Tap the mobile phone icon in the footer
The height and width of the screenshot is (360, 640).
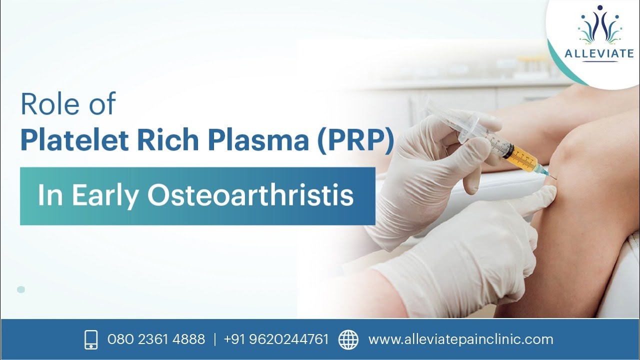pyautogui.click(x=90, y=339)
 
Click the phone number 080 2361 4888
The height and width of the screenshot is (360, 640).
pyautogui.click(x=156, y=339)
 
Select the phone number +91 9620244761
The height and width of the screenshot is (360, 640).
pyautogui.click(x=276, y=339)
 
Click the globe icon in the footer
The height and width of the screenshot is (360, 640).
pyautogui.click(x=348, y=339)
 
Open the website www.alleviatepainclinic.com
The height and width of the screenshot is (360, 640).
pyautogui.click(x=460, y=339)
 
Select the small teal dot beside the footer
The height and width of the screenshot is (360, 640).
pyautogui.click(x=21, y=289)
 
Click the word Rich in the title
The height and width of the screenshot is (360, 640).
pyautogui.click(x=171, y=140)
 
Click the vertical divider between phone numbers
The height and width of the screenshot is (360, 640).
pyautogui.click(x=214, y=339)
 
